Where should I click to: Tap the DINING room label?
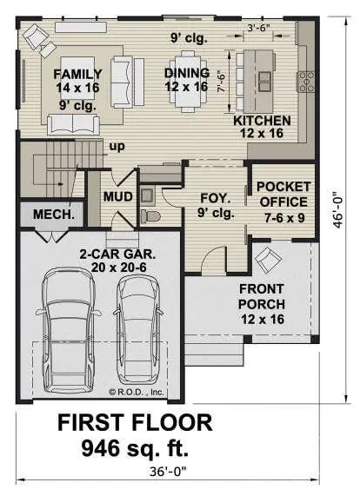point(187,73)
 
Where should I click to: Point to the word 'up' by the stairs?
point(116,147)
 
